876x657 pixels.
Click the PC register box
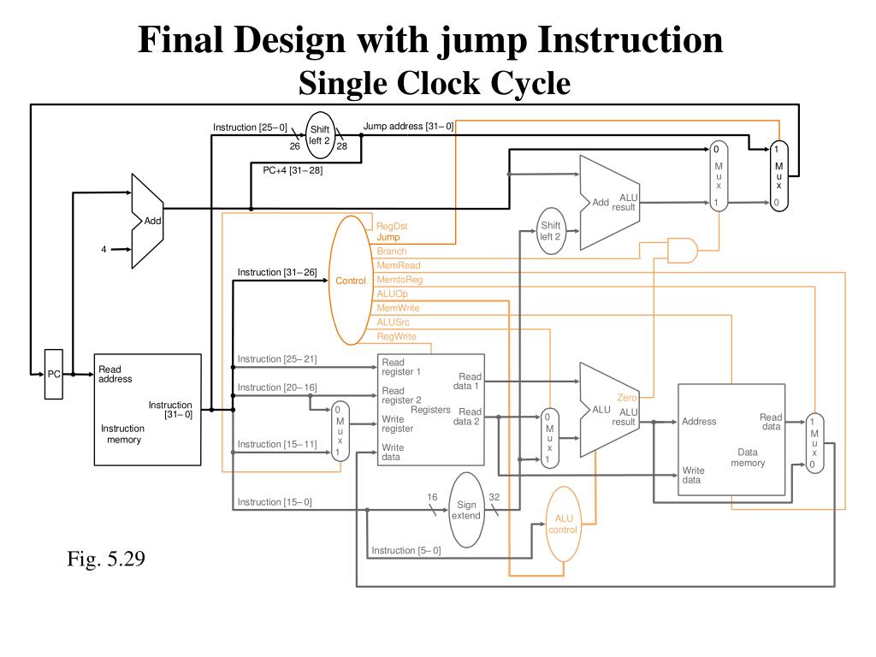54,375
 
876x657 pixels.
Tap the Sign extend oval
466,510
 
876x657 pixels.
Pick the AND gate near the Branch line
683,251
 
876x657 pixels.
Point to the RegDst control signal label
392,226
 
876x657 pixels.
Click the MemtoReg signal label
400,280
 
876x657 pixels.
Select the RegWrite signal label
396,336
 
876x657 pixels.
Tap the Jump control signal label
388,238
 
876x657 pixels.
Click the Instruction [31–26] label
277,272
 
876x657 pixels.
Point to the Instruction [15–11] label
277,444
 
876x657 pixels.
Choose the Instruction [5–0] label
406,550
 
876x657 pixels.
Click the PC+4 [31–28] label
293,170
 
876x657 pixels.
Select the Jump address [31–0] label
408,127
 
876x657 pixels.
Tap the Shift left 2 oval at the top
320,135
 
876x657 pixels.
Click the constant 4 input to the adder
104,249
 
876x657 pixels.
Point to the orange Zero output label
627,397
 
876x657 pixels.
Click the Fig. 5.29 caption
106,558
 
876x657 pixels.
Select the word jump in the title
482,41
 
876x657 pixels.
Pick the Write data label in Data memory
693,475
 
